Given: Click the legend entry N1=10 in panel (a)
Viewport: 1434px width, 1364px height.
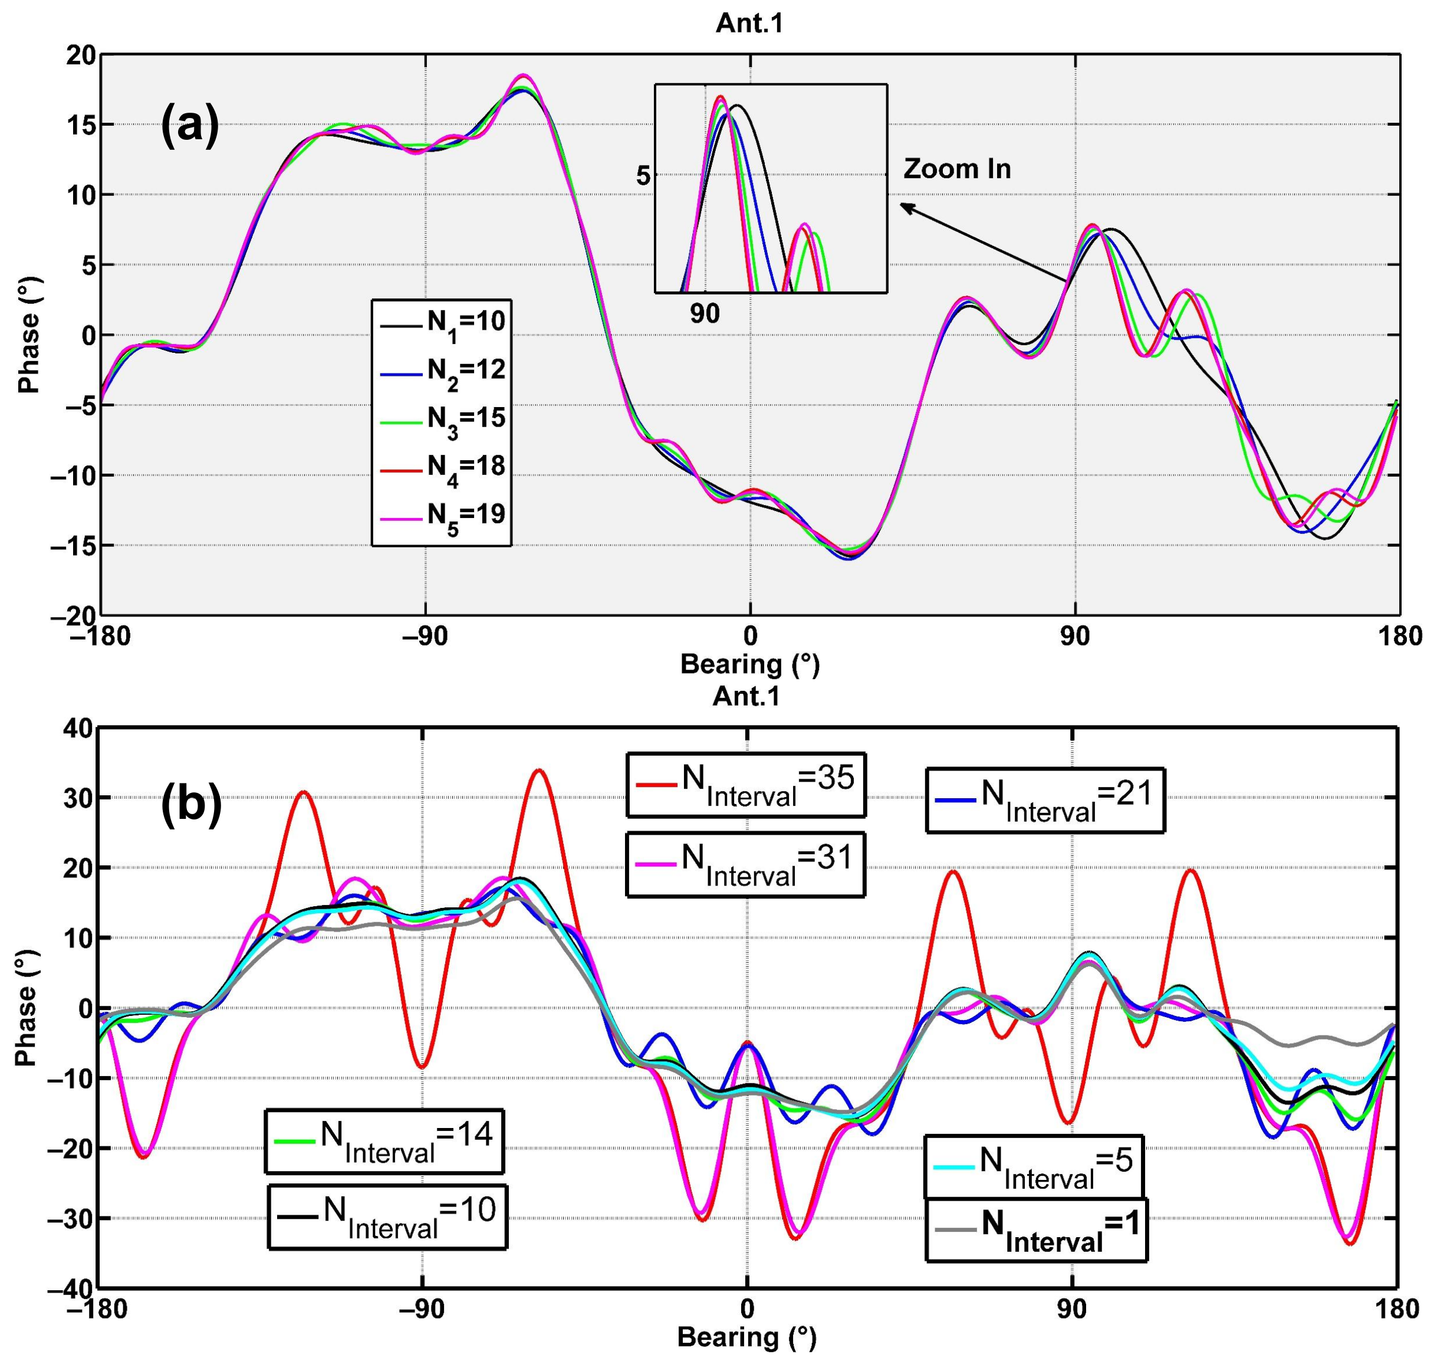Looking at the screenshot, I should (442, 322).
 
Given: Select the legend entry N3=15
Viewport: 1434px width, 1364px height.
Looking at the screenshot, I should (442, 419).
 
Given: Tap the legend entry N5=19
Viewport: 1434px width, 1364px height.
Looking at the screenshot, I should (442, 516).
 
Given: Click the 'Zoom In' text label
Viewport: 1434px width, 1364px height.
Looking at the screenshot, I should (956, 169).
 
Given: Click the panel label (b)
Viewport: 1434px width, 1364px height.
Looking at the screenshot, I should (191, 806).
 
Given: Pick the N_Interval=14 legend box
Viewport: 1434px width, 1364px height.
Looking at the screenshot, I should (384, 1141).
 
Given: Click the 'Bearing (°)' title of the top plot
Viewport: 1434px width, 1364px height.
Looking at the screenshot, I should (749, 664).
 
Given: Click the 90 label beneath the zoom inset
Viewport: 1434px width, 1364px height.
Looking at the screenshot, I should (704, 313).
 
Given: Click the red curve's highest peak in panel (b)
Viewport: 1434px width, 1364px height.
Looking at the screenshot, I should (538, 770).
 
